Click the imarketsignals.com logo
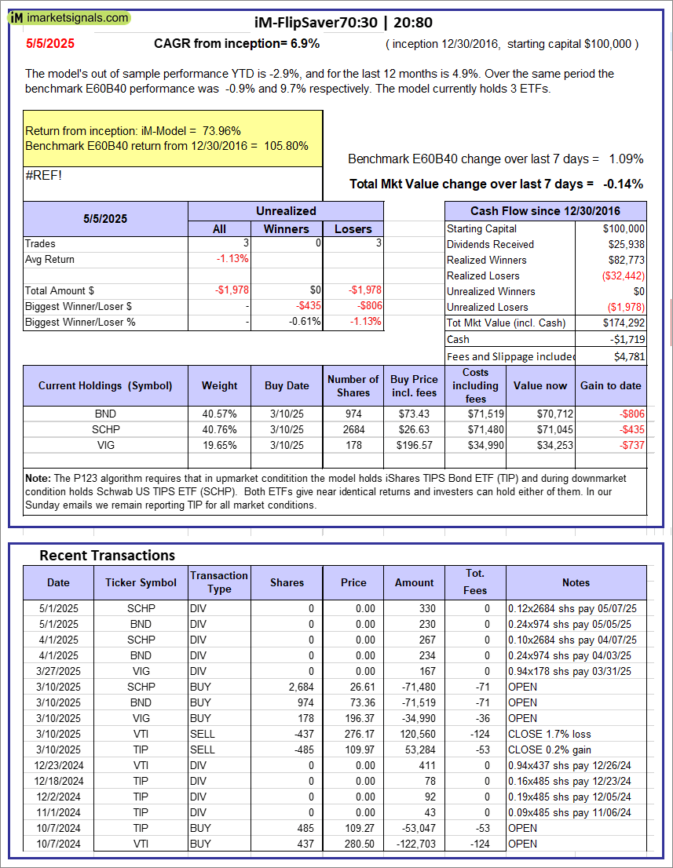(x=71, y=17)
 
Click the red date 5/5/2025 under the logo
(x=49, y=44)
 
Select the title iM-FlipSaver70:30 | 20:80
(x=344, y=23)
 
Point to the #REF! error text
(x=43, y=175)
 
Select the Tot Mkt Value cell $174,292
(x=624, y=323)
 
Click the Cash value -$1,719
(x=627, y=339)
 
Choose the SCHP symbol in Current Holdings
(x=104, y=429)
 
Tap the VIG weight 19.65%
(x=219, y=445)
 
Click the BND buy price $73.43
(x=414, y=414)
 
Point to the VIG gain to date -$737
(x=627, y=445)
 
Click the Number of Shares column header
(x=353, y=385)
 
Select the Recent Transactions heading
(x=108, y=556)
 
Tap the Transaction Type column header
(x=219, y=582)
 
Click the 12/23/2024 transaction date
(x=58, y=765)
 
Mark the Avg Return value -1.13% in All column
(x=232, y=259)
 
